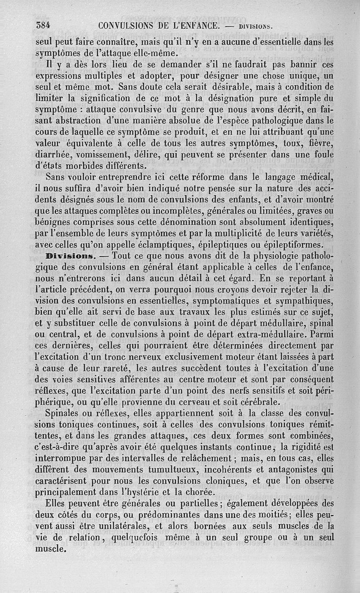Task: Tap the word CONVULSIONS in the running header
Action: (x=126, y=26)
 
